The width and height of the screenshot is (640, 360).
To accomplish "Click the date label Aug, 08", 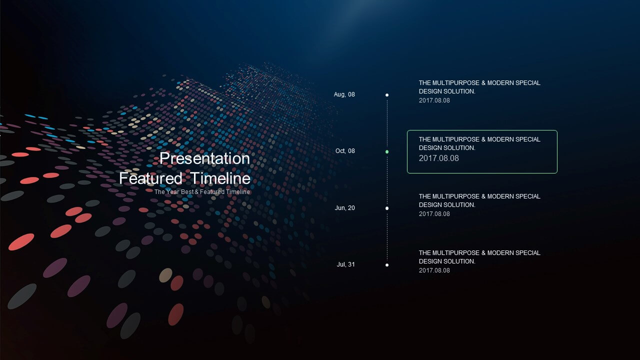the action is coord(344,94).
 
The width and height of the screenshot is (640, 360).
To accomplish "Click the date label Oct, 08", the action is coord(345,151).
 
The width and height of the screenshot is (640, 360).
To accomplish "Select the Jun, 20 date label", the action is coord(345,208).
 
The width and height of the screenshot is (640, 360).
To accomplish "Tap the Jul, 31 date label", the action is coord(345,264).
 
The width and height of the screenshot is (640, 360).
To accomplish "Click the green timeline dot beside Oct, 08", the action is coord(387,151).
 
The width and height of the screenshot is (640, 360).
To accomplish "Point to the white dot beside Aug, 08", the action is coord(387,95).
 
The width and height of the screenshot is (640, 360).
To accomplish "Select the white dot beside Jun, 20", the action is coord(387,208).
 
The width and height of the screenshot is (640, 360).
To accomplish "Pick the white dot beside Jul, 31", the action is coord(387,265).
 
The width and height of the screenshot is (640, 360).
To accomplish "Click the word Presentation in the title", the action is coord(204,158).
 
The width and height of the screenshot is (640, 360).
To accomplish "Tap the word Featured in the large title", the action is coord(150,178).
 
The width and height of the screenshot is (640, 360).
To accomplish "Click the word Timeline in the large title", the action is coord(220,178).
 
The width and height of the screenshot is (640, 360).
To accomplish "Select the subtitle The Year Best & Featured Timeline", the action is coord(202,191).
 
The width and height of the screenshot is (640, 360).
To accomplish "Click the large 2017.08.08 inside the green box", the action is coord(439,158).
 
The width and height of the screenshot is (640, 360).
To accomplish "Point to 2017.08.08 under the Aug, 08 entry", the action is coord(434,100).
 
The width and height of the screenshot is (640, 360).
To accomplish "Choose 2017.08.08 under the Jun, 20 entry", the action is coord(434,214).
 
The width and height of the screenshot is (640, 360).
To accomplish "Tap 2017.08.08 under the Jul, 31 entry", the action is coord(434,270).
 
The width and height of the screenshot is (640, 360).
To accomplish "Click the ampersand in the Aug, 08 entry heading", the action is coord(483,83).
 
